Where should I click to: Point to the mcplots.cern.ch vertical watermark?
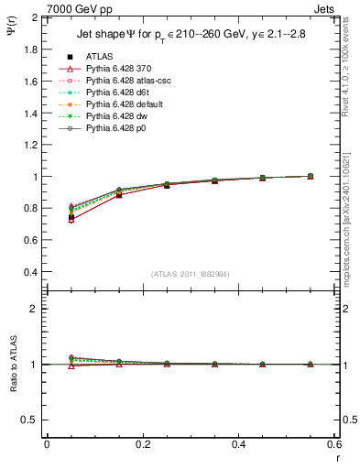(x=348, y=220)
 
